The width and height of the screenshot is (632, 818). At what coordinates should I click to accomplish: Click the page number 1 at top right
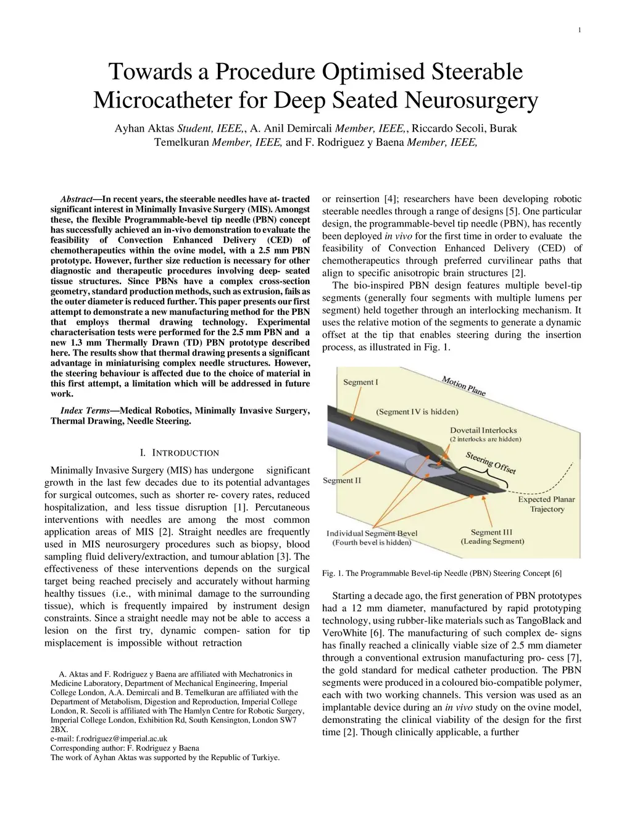580,31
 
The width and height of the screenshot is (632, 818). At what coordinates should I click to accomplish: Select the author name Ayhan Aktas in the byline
145,128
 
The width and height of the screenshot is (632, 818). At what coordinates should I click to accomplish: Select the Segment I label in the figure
360,382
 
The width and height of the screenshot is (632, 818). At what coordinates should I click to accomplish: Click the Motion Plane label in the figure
464,386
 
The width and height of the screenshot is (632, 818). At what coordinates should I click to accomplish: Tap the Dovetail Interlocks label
483,430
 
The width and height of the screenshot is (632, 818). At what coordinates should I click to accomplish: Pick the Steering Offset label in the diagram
491,462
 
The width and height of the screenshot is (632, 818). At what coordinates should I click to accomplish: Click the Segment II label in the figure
342,480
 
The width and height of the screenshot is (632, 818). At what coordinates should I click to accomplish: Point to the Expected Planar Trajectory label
546,504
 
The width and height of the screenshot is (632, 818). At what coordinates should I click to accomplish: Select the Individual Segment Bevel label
372,533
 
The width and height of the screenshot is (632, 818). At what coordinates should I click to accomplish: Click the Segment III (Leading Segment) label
492,536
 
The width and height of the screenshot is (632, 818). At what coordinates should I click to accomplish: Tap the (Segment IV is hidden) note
417,412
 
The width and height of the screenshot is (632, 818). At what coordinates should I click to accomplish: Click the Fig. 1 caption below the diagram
442,574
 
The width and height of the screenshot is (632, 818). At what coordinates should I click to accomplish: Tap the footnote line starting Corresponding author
125,748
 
